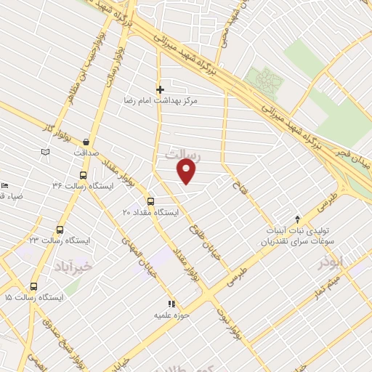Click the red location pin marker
(187, 171)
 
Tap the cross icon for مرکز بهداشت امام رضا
(160, 90)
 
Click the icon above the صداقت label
(87, 142)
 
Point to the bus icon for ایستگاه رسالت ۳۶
(82, 175)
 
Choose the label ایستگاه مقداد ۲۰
(147, 213)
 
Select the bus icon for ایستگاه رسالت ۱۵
(33, 286)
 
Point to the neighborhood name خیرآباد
(73, 267)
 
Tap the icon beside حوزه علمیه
(171, 304)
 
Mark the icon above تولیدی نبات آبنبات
(296, 219)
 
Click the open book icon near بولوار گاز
(46, 151)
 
